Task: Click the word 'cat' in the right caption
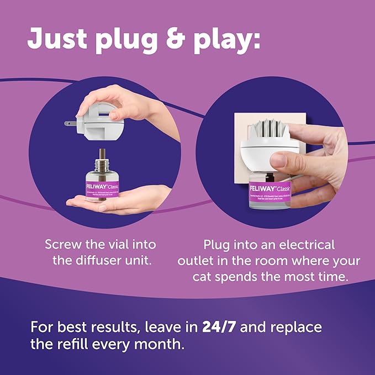[206, 276]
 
